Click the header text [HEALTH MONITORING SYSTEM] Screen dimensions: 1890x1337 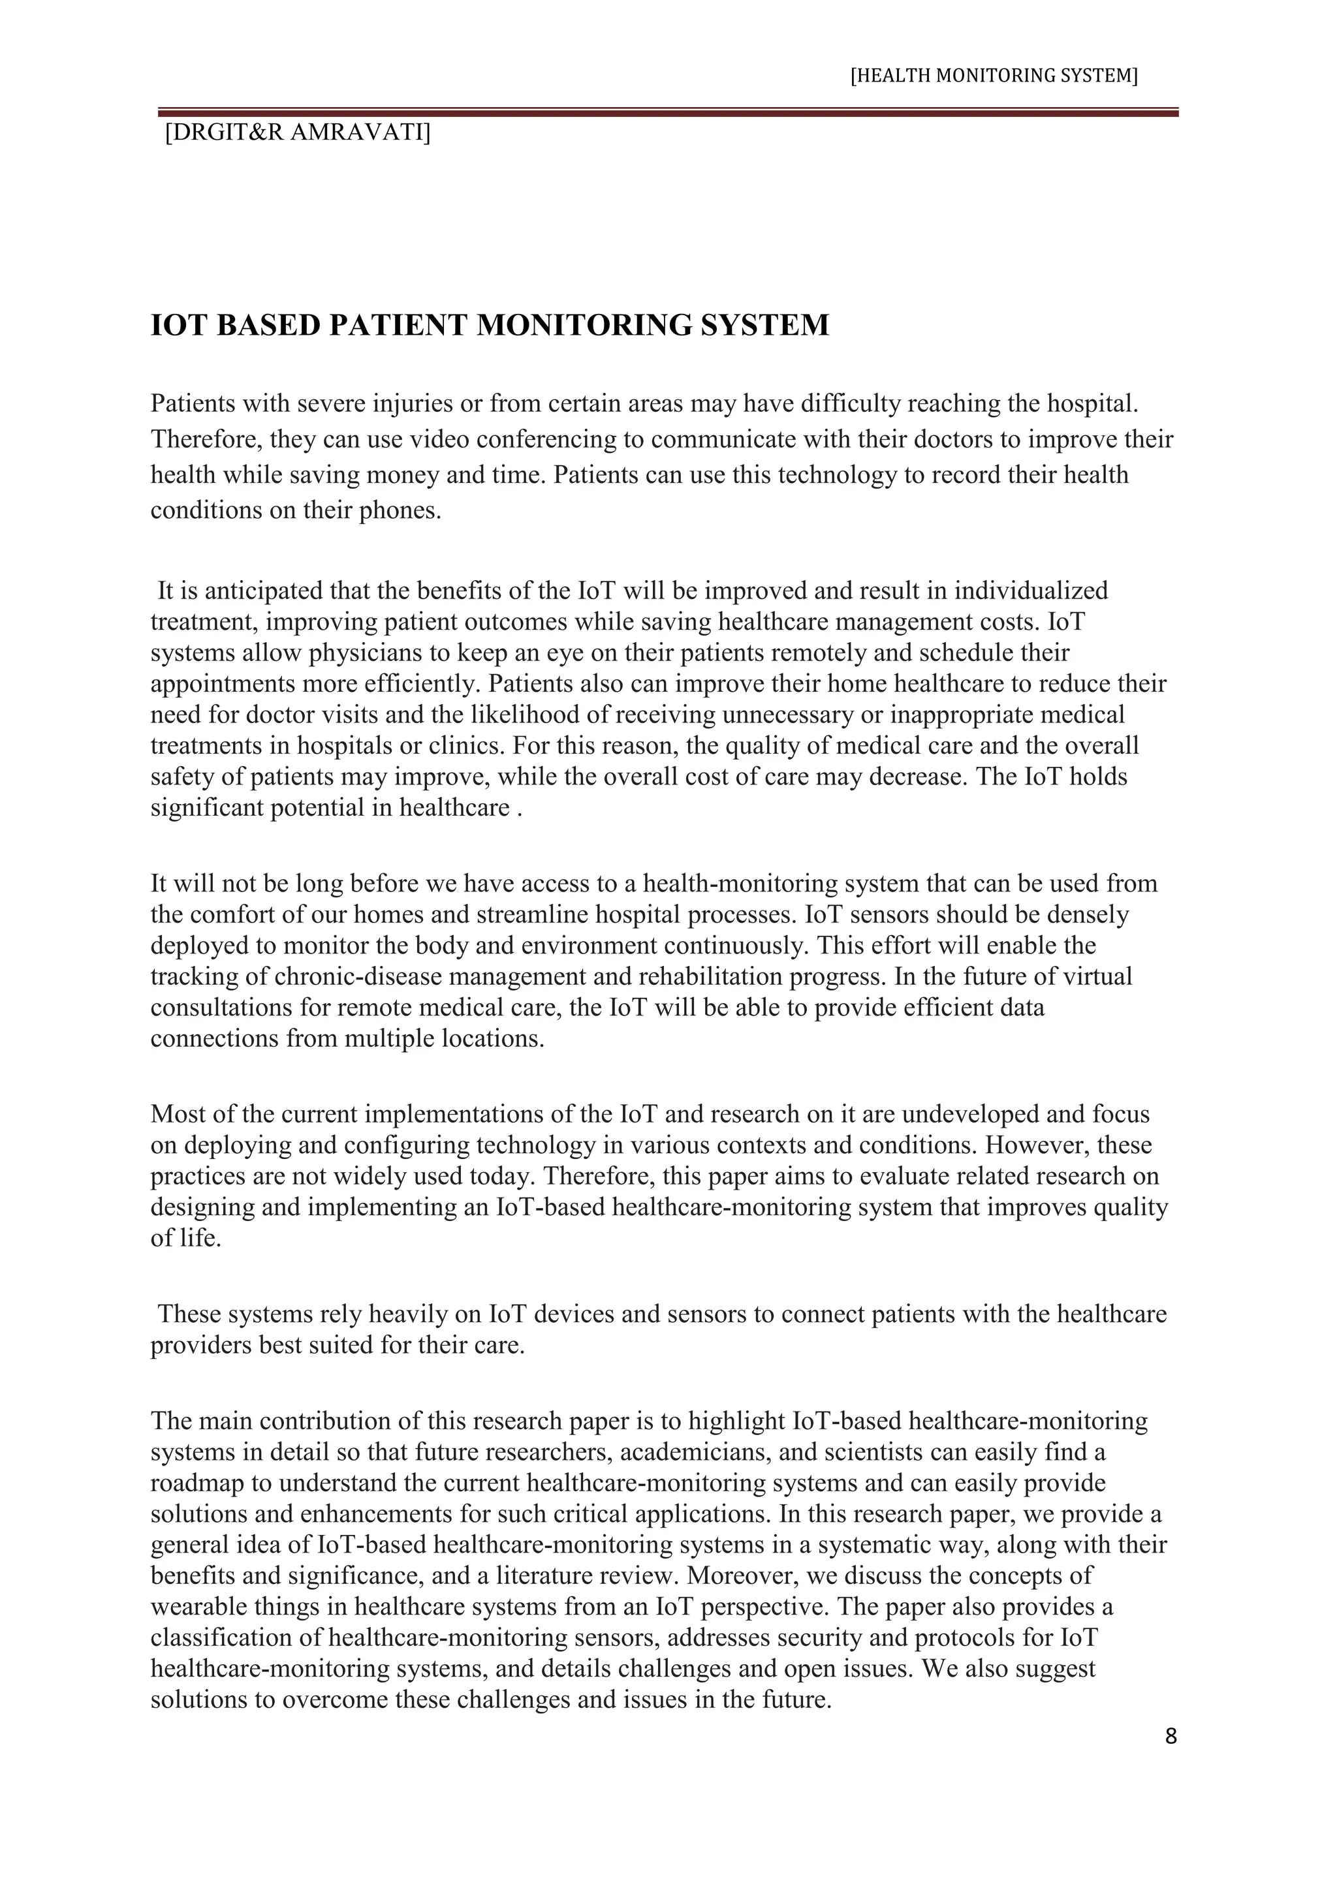(994, 76)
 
